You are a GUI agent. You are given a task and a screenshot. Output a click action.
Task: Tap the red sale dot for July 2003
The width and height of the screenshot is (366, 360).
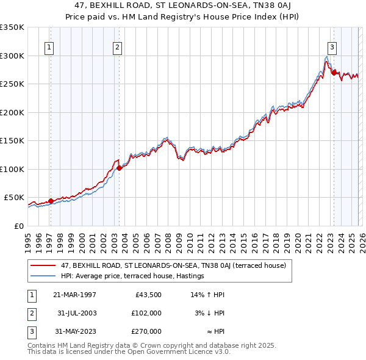tap(120, 168)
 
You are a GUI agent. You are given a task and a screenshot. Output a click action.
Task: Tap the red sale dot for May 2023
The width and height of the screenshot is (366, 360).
tap(334, 73)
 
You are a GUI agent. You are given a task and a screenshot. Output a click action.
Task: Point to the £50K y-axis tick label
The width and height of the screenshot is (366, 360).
tap(14, 198)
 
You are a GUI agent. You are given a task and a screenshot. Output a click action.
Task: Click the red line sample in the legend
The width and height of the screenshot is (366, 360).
tap(43, 265)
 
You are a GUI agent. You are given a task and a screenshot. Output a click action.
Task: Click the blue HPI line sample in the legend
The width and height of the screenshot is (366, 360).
tap(43, 276)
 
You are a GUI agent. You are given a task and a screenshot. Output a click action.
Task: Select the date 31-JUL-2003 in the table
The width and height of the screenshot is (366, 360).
tap(76, 313)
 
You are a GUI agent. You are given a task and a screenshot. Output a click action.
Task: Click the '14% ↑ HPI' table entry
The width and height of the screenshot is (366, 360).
tap(208, 295)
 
